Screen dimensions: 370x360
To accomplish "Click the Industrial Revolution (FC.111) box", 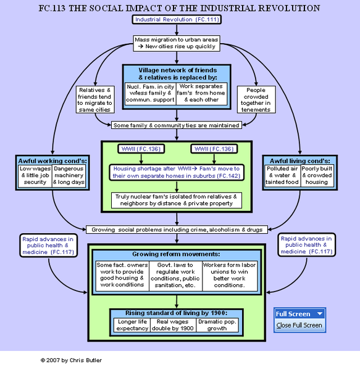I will [177, 20].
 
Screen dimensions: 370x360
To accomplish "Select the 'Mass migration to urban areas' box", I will [176, 43].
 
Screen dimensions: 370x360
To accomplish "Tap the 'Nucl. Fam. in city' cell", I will [150, 94].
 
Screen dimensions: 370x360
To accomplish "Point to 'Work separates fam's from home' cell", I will [203, 94].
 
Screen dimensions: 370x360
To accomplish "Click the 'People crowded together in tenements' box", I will [255, 99].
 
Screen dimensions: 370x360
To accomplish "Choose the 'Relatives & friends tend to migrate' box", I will [96, 99].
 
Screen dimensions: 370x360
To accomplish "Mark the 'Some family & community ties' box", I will [176, 125].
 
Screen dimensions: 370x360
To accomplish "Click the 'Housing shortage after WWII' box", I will [177, 172].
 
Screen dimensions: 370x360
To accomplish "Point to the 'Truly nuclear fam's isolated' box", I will [177, 200].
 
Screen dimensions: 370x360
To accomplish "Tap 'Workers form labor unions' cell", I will [228, 275].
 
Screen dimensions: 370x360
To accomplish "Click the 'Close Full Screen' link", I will [299, 325].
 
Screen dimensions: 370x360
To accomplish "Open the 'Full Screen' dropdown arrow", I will [319, 314].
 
